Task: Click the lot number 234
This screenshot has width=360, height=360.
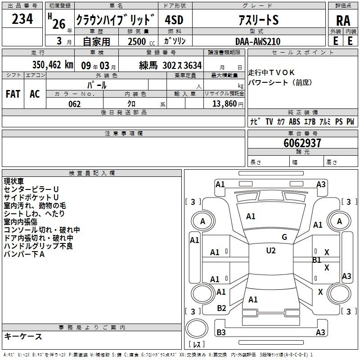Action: [22, 19]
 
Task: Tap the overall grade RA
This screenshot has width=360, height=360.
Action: [343, 21]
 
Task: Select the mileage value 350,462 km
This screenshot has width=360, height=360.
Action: [53, 65]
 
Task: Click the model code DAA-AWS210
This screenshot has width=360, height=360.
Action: [258, 41]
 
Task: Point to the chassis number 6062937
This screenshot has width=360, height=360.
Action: [302, 143]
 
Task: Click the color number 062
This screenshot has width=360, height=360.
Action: [74, 104]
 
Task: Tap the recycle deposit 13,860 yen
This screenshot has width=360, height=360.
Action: [228, 104]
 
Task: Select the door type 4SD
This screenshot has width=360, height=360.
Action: [174, 20]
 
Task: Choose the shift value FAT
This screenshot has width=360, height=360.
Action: [13, 94]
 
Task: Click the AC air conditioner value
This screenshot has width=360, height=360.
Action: [35, 94]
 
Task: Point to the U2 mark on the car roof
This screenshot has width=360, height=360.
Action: [271, 251]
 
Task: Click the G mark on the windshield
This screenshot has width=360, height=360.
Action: [284, 237]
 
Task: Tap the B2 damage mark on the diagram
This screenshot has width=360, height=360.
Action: [221, 308]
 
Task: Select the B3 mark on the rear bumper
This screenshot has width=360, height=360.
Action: [221, 332]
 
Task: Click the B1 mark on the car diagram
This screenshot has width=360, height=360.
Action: [317, 260]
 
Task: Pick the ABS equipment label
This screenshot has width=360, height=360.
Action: [294, 121]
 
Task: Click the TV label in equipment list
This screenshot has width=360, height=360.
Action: [269, 121]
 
